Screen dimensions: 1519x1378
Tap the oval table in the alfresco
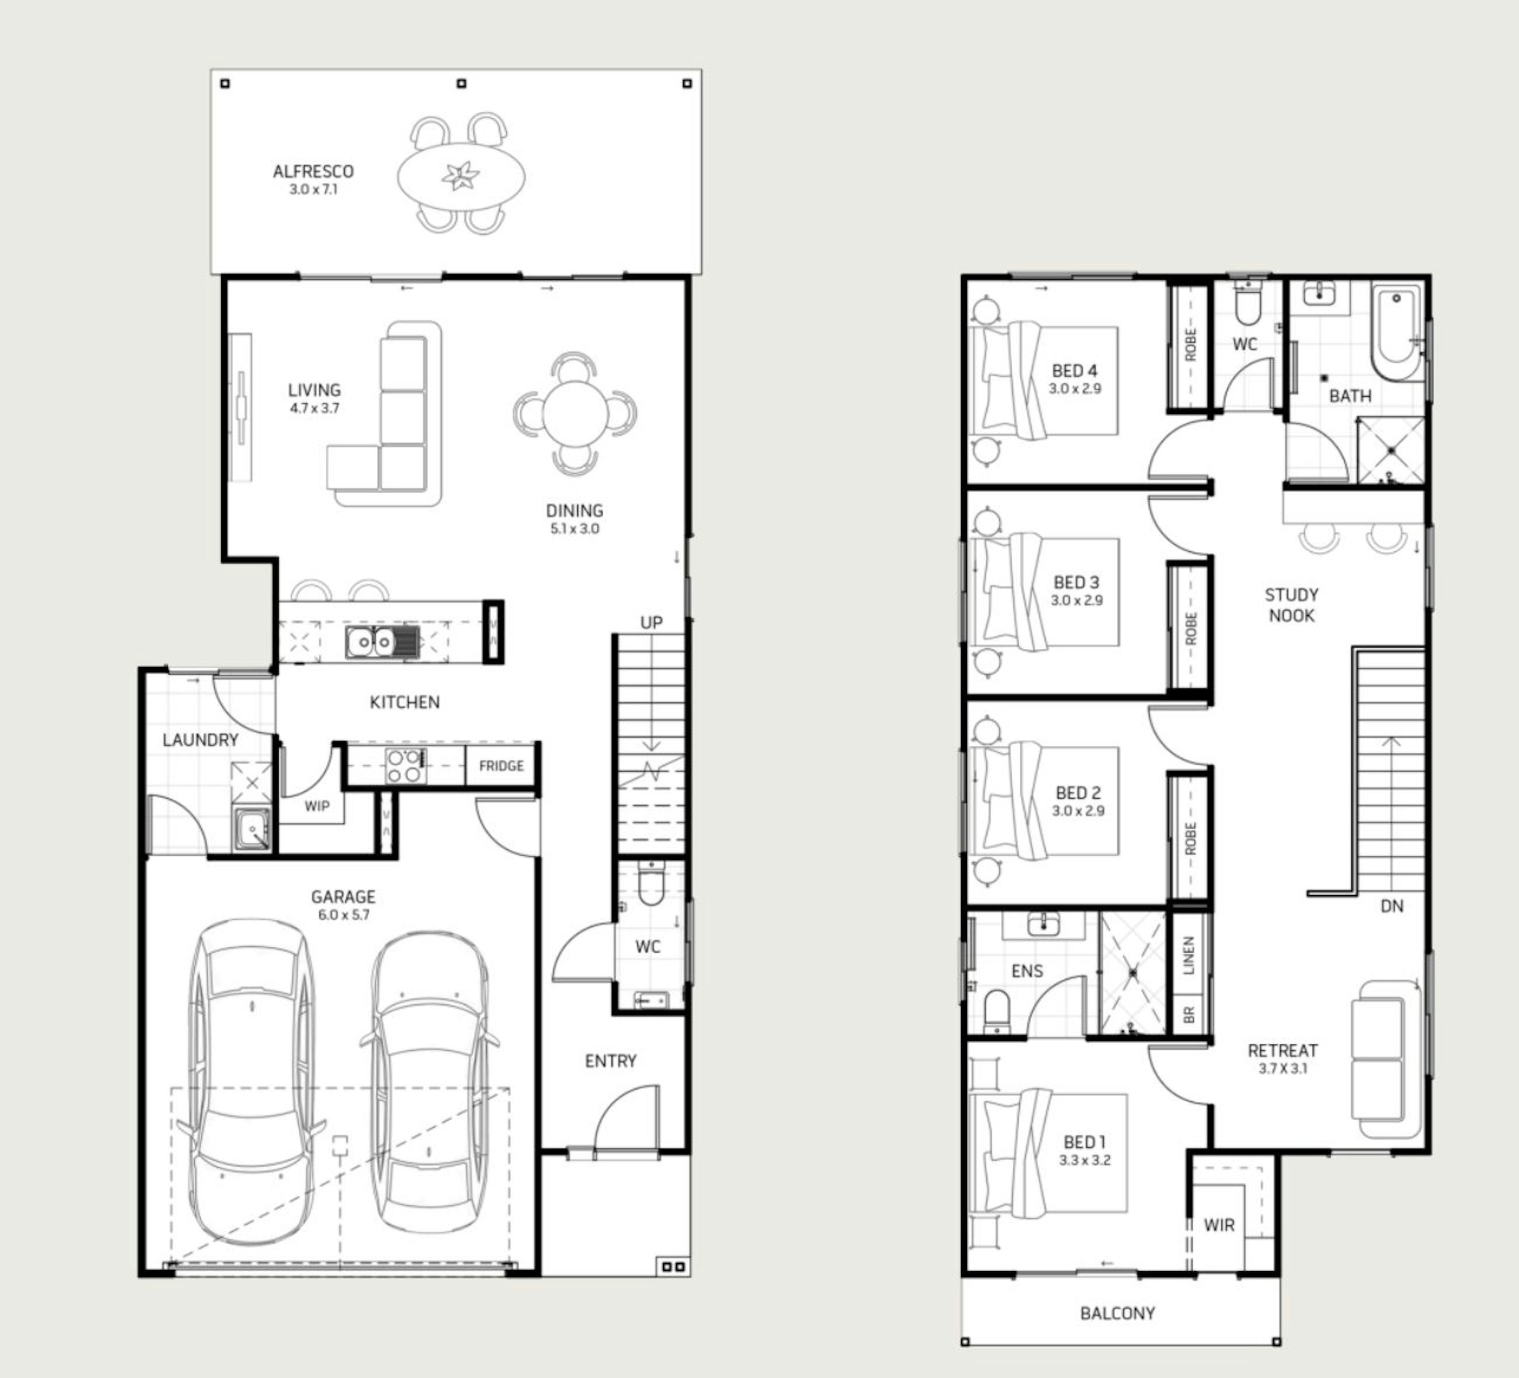pos(461,177)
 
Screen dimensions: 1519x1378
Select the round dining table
pos(575,413)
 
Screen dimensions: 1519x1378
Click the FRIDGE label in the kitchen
pos(501,766)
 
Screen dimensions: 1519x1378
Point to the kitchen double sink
pos(382,641)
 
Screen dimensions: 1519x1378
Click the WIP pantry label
pos(317,807)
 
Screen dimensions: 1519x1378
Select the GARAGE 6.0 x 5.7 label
pos(343,905)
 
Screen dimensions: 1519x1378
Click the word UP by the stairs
pos(651,623)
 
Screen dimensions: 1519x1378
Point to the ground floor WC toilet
pos(650,882)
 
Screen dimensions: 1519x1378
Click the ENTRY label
pos(610,1061)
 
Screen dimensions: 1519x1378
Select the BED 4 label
pos(1074,370)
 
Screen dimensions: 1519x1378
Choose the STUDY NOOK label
pos(1291,605)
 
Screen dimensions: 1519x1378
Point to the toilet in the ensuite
pos(997,1011)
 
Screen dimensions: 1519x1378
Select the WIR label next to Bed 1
pos(1219,1225)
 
